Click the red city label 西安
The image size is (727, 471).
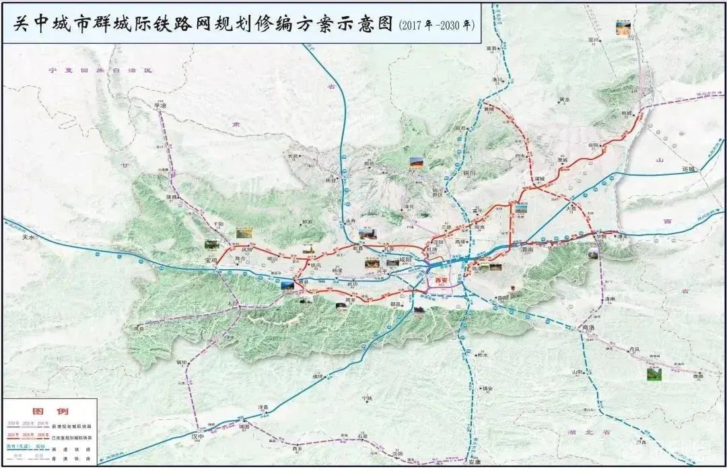[441, 279]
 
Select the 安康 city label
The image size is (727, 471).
[474, 462]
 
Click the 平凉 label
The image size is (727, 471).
[160, 106]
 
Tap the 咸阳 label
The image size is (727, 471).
[405, 259]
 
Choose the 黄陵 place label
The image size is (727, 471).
[489, 109]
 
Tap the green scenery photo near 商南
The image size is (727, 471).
[654, 374]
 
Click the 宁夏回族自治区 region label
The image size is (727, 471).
[96, 71]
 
